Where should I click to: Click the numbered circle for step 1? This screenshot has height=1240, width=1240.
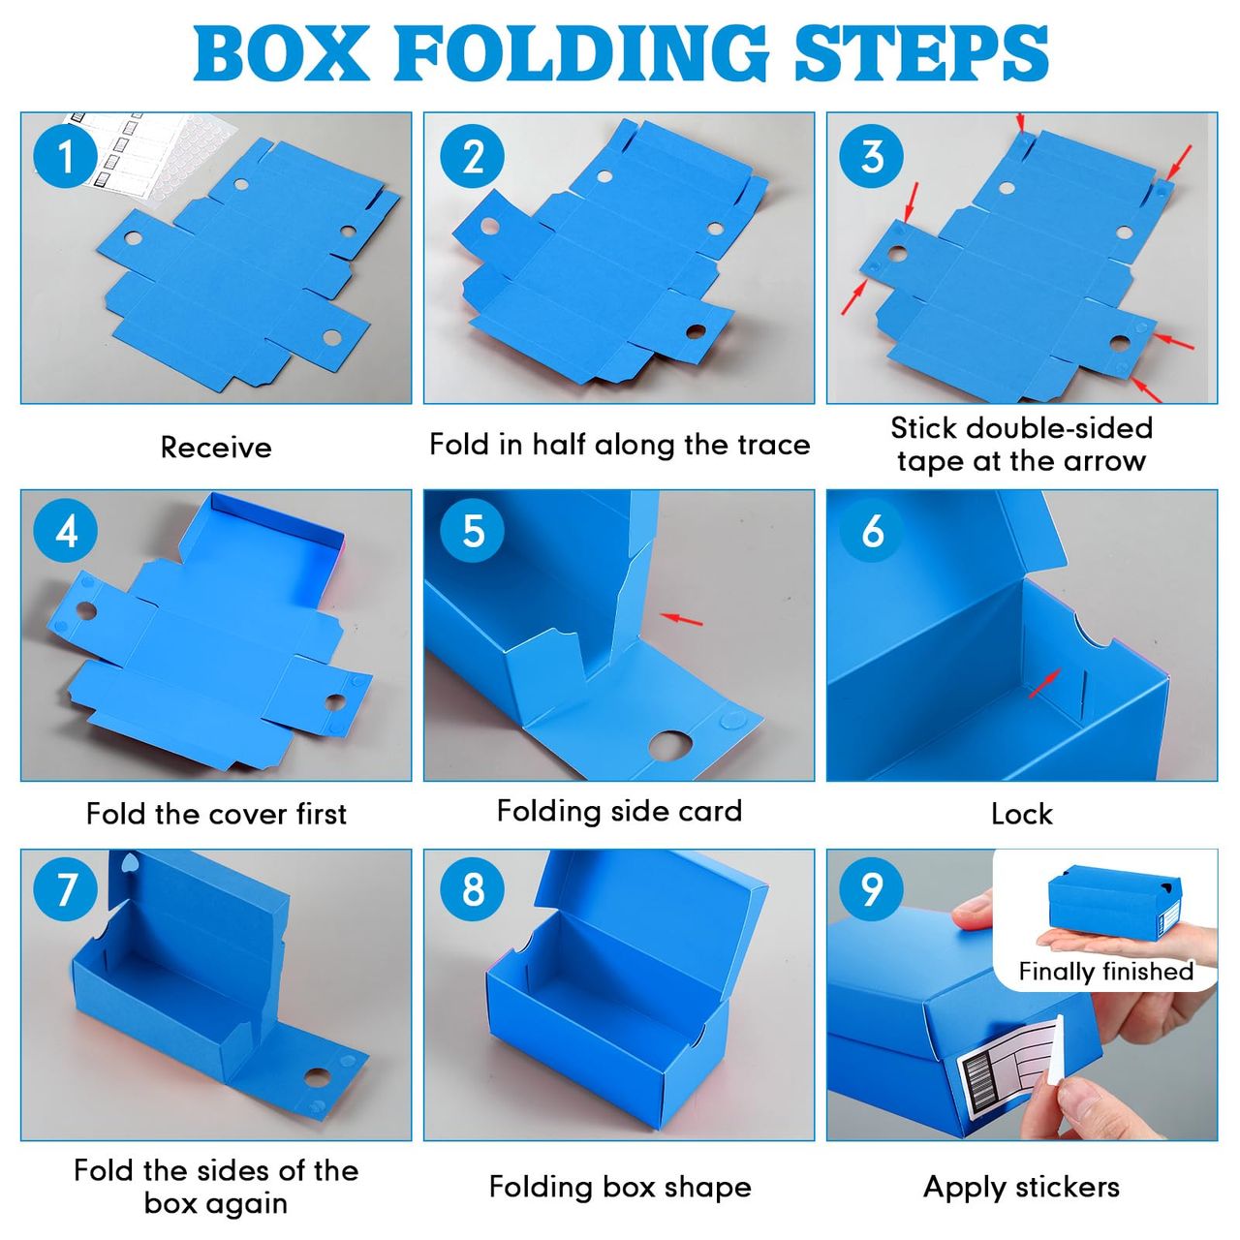[x=65, y=156]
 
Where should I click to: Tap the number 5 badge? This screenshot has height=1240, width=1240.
[x=473, y=530]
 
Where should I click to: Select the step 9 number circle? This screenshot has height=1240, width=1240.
[x=871, y=888]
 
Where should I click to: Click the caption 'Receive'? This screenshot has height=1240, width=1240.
[x=216, y=448]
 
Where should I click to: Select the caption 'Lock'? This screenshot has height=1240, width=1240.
[x=1022, y=814]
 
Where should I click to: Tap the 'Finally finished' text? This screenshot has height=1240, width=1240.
[x=1105, y=971]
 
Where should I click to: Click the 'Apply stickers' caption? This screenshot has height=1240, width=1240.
[x=1021, y=1188]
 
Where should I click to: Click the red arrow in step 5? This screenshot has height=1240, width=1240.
[x=681, y=620]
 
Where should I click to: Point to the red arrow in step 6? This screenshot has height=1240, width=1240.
[x=1043, y=683]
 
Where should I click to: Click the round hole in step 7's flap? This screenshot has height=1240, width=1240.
[x=317, y=1077]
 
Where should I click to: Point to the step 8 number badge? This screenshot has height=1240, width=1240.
[x=473, y=888]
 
